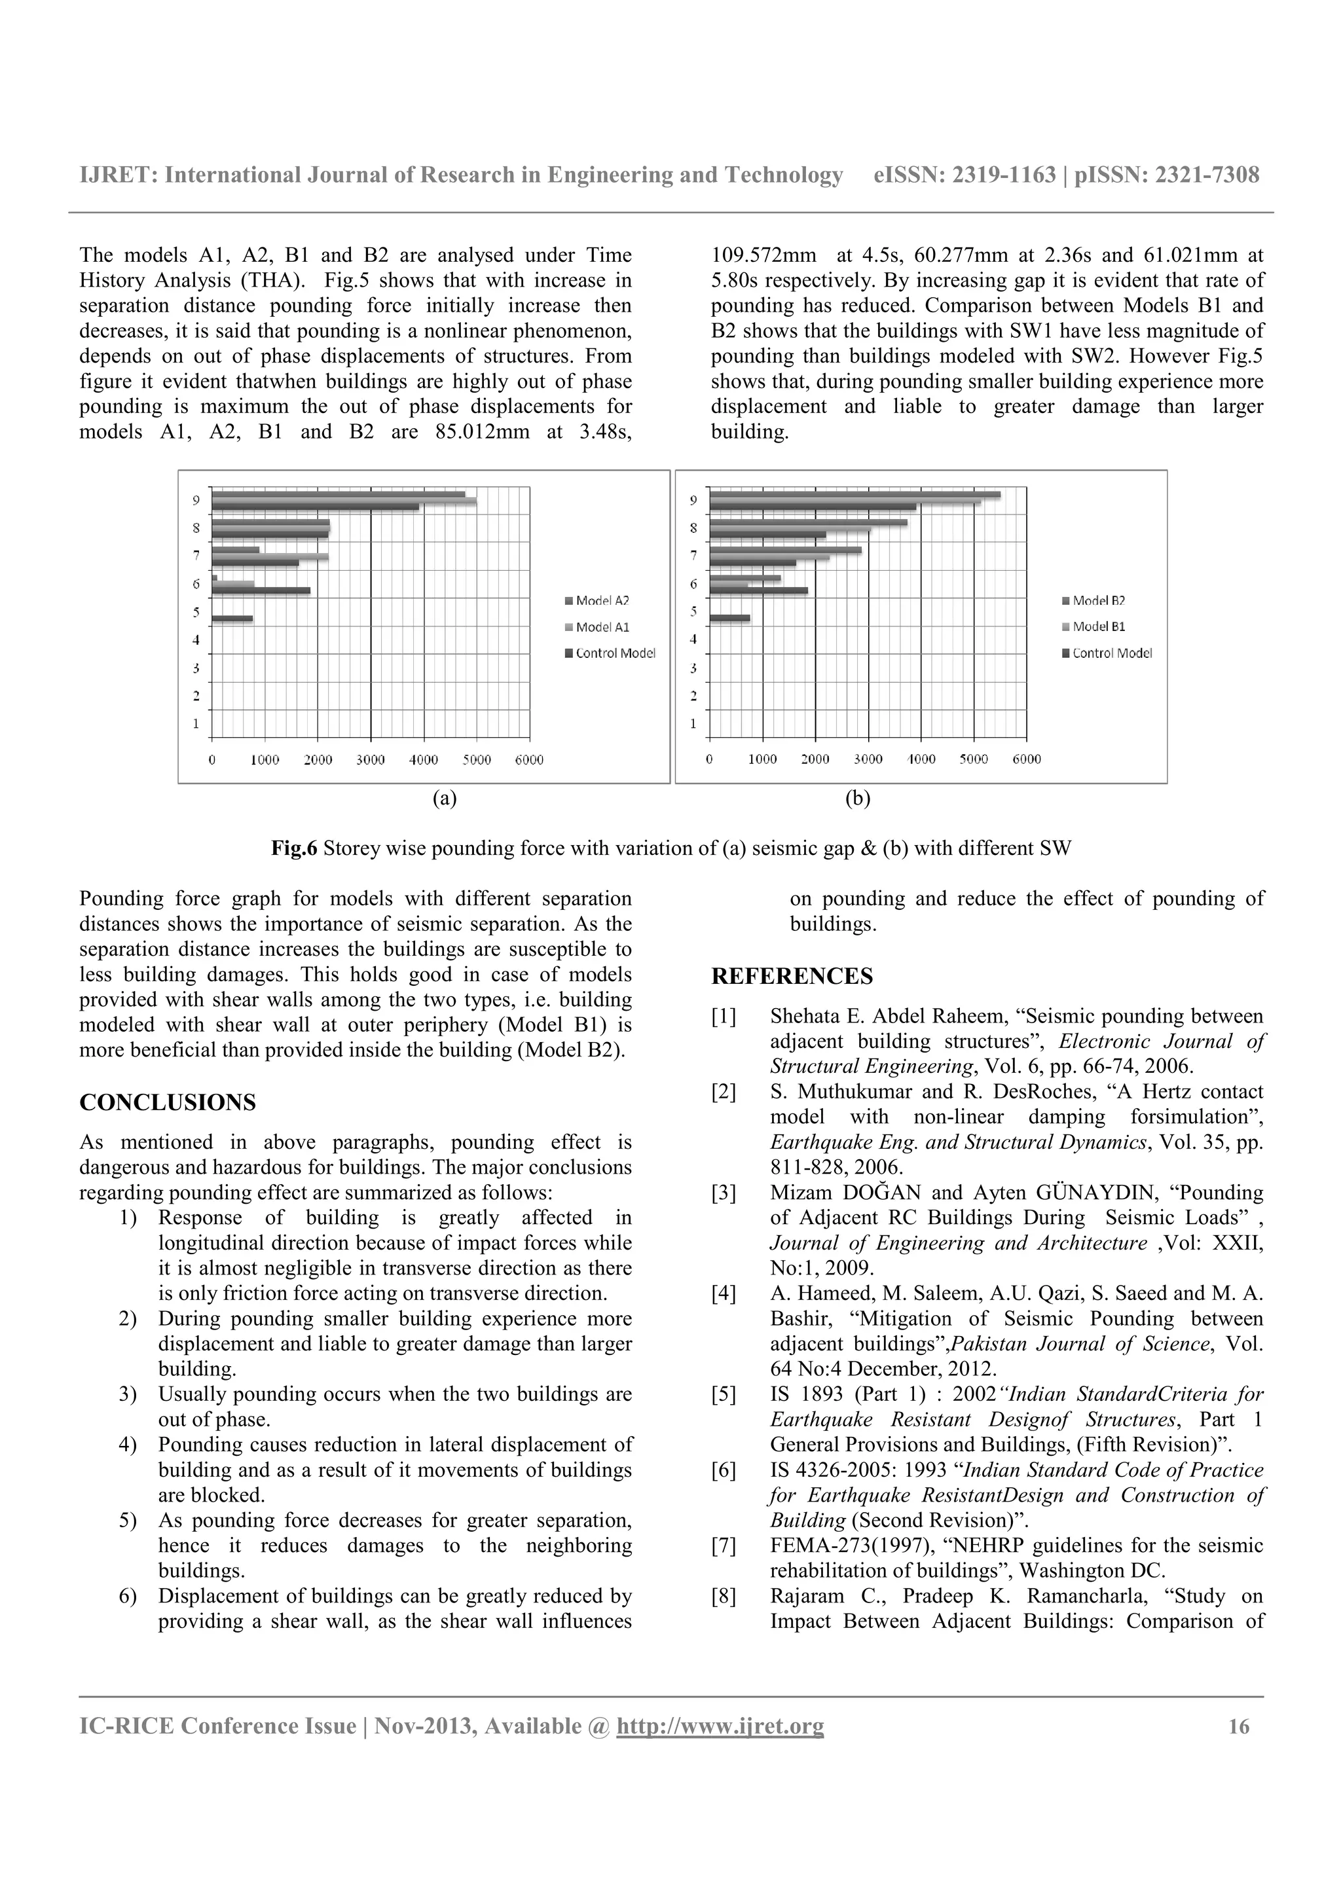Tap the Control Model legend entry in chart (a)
click(x=614, y=653)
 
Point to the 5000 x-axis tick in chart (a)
click(x=476, y=760)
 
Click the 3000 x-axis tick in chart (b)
click(x=868, y=759)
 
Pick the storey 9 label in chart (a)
click(x=196, y=500)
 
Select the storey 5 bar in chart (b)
click(x=729, y=618)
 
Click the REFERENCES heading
click(x=792, y=977)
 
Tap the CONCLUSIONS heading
click(x=167, y=1103)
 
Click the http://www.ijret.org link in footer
click(x=720, y=1726)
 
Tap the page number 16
click(x=1239, y=1726)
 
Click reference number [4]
click(x=723, y=1294)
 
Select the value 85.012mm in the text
click(x=482, y=432)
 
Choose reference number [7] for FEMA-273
click(x=723, y=1546)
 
